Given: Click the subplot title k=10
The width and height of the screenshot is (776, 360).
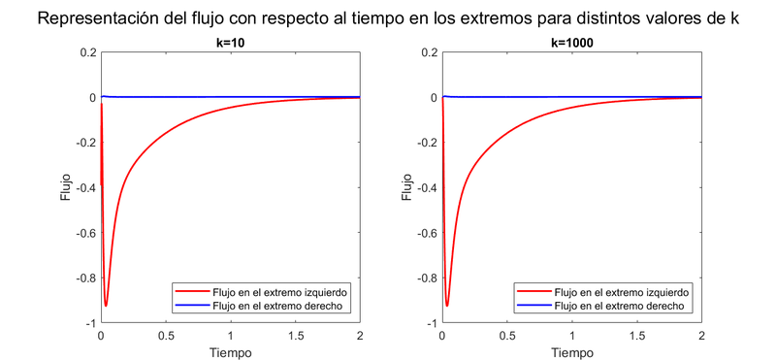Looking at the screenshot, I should point(230,44).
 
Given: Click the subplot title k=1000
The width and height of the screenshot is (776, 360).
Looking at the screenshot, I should point(571,44).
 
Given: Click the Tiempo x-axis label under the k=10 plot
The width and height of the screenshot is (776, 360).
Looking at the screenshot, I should point(230,352).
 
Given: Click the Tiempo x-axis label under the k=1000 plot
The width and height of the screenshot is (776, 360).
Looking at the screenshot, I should point(571,352).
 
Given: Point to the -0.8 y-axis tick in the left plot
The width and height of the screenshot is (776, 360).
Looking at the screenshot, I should point(83,278).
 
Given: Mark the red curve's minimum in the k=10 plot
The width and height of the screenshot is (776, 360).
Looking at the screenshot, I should point(106,306).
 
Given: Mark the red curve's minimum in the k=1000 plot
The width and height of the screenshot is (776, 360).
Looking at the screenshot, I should point(447,306).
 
